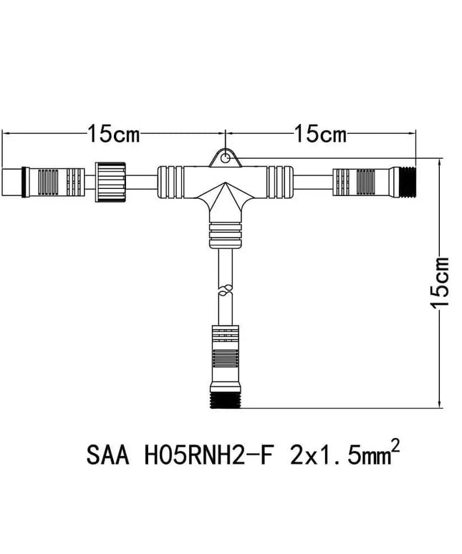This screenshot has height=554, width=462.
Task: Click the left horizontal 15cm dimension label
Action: [114, 134]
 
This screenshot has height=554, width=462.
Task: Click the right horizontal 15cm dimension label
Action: [320, 134]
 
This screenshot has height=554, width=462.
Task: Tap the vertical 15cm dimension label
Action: [439, 283]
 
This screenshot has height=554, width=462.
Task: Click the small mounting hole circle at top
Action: [225, 158]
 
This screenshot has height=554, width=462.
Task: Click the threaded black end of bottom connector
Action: [225, 400]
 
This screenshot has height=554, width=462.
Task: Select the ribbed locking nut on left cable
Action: [110, 182]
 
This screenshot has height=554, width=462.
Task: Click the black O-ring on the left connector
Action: [24, 182]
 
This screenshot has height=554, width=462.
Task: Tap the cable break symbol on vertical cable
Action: [225, 291]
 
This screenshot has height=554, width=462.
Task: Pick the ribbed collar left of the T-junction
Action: [170, 182]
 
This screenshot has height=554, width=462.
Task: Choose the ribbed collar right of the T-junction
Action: [279, 182]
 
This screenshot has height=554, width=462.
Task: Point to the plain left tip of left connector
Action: [12, 182]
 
